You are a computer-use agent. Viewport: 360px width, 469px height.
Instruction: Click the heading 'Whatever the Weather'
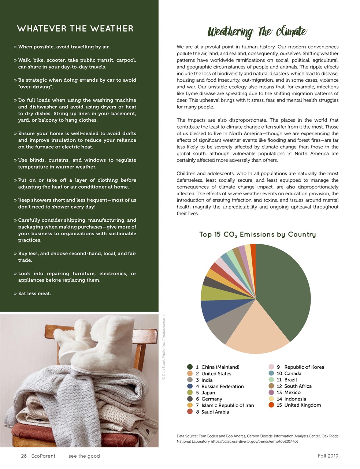[x=75, y=29]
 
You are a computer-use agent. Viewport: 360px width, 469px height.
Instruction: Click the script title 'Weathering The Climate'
[x=257, y=32]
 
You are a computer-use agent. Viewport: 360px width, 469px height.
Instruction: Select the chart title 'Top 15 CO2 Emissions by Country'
[x=257, y=234]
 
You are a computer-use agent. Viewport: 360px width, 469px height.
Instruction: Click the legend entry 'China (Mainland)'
[x=220, y=367]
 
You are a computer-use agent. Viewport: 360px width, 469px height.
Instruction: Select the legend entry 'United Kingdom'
[x=303, y=405]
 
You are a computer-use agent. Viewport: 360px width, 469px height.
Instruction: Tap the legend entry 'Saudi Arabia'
[x=215, y=412]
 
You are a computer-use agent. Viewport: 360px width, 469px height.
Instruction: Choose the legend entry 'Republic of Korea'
[x=304, y=367]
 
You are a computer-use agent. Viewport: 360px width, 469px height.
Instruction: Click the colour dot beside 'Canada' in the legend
[x=271, y=373]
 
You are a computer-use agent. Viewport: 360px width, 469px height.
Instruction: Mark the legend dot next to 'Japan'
[x=190, y=393]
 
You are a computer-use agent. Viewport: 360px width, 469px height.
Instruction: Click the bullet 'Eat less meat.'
[x=34, y=293]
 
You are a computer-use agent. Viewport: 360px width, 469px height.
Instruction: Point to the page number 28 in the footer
[x=24, y=456]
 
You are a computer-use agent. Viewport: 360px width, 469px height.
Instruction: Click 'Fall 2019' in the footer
[x=328, y=456]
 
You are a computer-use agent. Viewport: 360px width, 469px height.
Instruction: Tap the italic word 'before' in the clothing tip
[x=128, y=180]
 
